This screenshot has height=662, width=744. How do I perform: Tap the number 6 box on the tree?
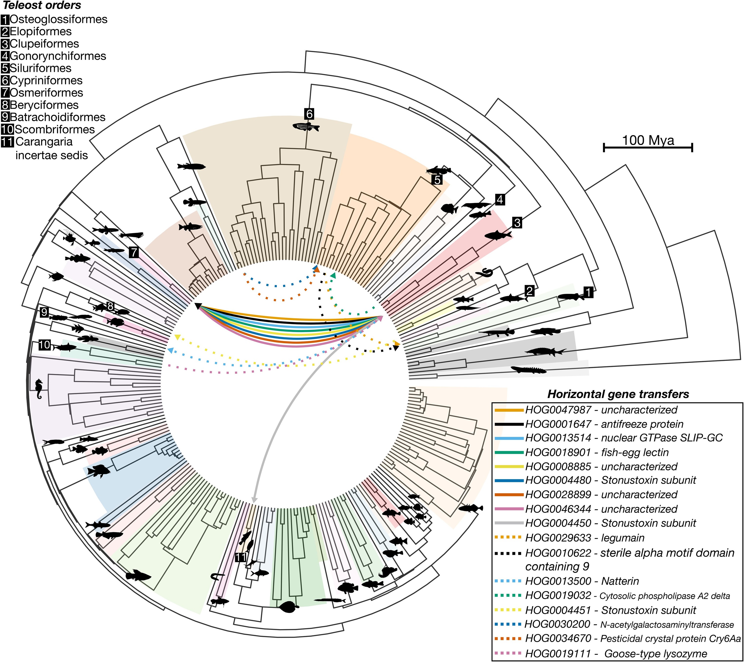click(309, 114)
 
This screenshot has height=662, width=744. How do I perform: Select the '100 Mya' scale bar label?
click(648, 140)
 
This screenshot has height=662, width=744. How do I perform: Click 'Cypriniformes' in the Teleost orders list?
click(46, 80)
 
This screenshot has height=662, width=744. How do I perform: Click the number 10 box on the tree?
click(44, 345)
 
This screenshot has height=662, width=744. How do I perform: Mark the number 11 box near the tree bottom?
click(241, 557)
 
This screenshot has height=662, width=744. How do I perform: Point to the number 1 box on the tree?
click(588, 292)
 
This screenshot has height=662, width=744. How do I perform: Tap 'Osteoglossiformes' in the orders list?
click(59, 19)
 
